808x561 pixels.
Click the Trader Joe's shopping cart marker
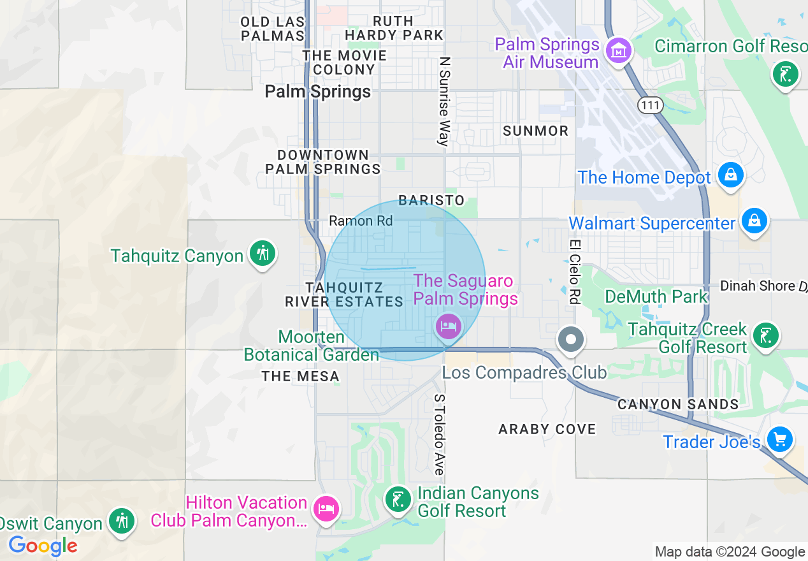point(779,439)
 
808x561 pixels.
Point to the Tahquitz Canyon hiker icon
point(262,253)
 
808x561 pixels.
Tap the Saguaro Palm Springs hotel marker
point(448,327)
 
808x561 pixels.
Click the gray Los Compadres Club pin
point(571,339)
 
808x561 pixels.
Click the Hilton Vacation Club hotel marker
point(326,509)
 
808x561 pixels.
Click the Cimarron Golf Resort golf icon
point(785,75)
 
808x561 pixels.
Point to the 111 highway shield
point(649,106)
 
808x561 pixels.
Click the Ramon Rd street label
point(361,221)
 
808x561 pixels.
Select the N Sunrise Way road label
point(444,102)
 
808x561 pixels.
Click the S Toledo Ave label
point(439,433)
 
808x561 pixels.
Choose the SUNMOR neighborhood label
point(535,131)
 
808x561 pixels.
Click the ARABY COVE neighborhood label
point(547,429)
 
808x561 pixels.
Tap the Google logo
point(43,546)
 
